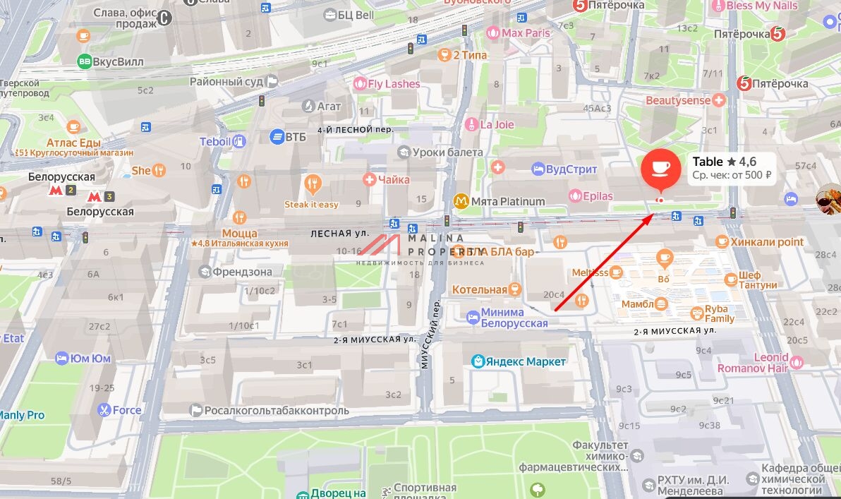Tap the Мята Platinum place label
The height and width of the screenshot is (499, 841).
pos(507,201)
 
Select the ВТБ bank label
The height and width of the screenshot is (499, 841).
pos(296,136)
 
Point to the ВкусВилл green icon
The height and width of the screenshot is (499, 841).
pos(85,61)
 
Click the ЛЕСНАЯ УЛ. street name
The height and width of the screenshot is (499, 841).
pos(340,233)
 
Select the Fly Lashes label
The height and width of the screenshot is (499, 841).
pos(393,84)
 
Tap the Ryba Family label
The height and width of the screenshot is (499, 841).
pos(720,314)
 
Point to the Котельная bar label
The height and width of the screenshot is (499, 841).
pos(480,289)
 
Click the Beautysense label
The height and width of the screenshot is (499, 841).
pos(678,101)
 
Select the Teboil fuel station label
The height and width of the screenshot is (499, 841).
pos(215,141)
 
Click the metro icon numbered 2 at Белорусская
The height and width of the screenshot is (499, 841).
pos(71,191)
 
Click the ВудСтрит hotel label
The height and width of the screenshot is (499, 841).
pos(571,169)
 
